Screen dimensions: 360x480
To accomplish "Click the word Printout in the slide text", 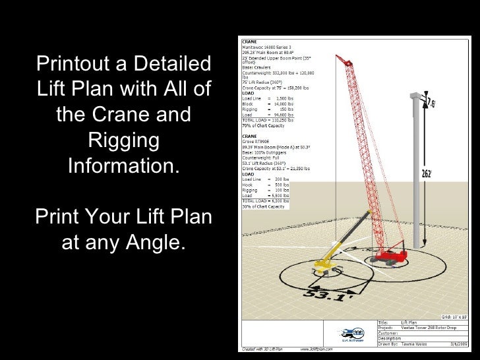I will pos(71,65).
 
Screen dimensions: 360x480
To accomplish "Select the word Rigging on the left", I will pos(123,140).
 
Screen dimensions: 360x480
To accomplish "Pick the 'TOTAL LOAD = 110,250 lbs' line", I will pos(266,121).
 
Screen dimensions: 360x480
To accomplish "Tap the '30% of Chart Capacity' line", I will pos(260,207).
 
